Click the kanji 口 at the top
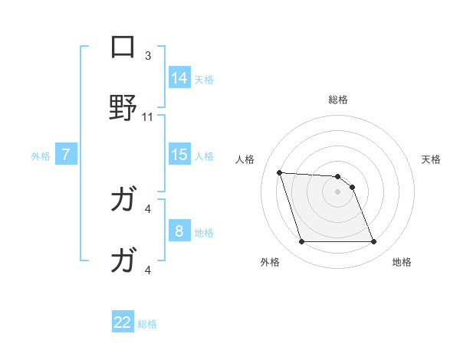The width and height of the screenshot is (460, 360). [x=123, y=47]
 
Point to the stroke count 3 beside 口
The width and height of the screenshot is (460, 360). [x=148, y=55]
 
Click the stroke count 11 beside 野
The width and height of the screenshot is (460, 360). [x=148, y=117]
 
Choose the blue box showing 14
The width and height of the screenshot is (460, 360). [x=179, y=78]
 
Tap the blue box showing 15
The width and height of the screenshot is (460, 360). [x=179, y=155]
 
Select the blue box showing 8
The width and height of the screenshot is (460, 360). [x=179, y=231]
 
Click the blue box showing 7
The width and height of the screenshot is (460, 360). [x=66, y=155]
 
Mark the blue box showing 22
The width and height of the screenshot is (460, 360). [x=123, y=323]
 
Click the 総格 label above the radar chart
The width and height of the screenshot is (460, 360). [x=338, y=100]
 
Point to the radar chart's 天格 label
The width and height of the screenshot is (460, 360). [x=431, y=159]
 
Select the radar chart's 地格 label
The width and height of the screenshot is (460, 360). [x=402, y=262]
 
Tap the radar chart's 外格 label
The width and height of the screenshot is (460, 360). [x=270, y=262]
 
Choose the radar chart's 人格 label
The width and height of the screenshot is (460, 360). [x=245, y=159]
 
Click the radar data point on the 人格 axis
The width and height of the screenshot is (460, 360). [x=280, y=172]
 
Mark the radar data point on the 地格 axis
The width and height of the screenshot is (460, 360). [x=373, y=242]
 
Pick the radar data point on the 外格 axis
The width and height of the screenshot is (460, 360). [x=301, y=242]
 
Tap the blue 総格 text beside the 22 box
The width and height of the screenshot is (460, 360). [x=147, y=324]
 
